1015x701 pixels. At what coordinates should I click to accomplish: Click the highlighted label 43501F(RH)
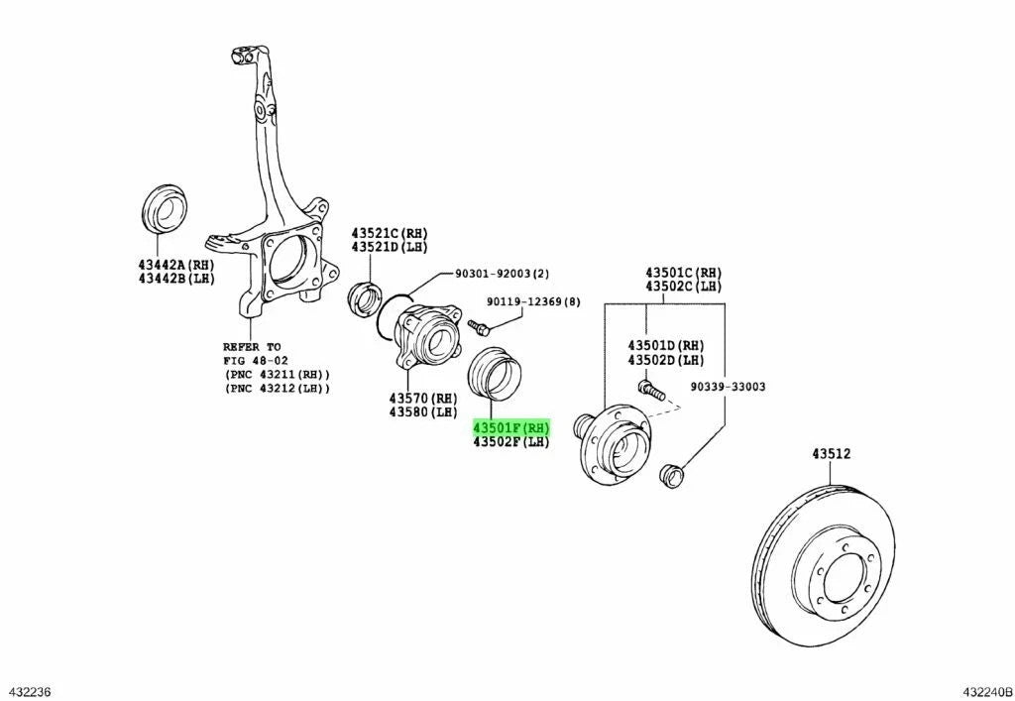tap(510, 427)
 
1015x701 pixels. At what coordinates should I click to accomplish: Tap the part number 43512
tap(832, 454)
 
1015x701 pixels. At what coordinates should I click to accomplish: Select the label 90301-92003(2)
tap(502, 274)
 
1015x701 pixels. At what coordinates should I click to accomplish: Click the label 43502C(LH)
tap(684, 286)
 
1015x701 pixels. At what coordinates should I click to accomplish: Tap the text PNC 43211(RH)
tap(277, 374)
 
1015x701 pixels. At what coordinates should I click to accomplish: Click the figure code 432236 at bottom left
tap(30, 689)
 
